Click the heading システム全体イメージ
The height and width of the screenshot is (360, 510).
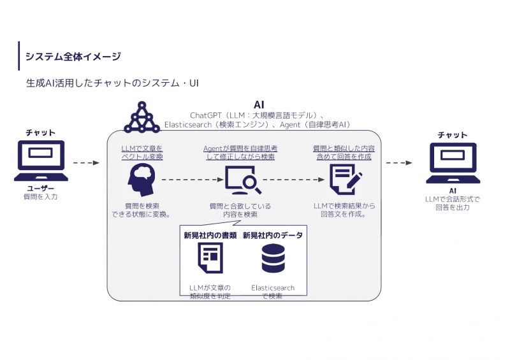coord(73,57)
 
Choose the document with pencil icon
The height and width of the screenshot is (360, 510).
coord(344,179)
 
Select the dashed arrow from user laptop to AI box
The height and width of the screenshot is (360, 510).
coord(87,163)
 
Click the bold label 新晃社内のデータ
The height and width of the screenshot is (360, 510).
coord(273,235)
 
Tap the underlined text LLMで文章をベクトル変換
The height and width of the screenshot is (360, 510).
coord(142,152)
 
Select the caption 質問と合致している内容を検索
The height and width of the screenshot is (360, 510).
coord(240,210)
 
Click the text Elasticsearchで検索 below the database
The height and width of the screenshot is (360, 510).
coord(273,292)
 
